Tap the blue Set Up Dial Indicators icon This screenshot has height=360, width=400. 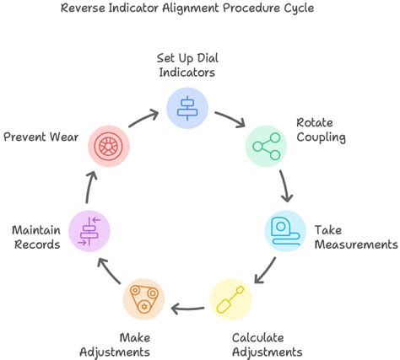[x=187, y=105]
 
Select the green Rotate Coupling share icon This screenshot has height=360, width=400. [x=267, y=146]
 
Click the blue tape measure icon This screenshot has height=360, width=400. [x=285, y=229]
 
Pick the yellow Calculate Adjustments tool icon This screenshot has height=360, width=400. [x=230, y=299]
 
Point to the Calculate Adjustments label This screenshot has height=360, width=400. [x=267, y=345]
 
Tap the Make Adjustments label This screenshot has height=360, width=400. [x=116, y=345]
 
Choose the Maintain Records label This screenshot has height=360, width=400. [x=35, y=237]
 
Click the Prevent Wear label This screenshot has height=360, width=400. [x=42, y=135]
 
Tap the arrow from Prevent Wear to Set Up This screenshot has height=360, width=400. [x=144, y=116]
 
